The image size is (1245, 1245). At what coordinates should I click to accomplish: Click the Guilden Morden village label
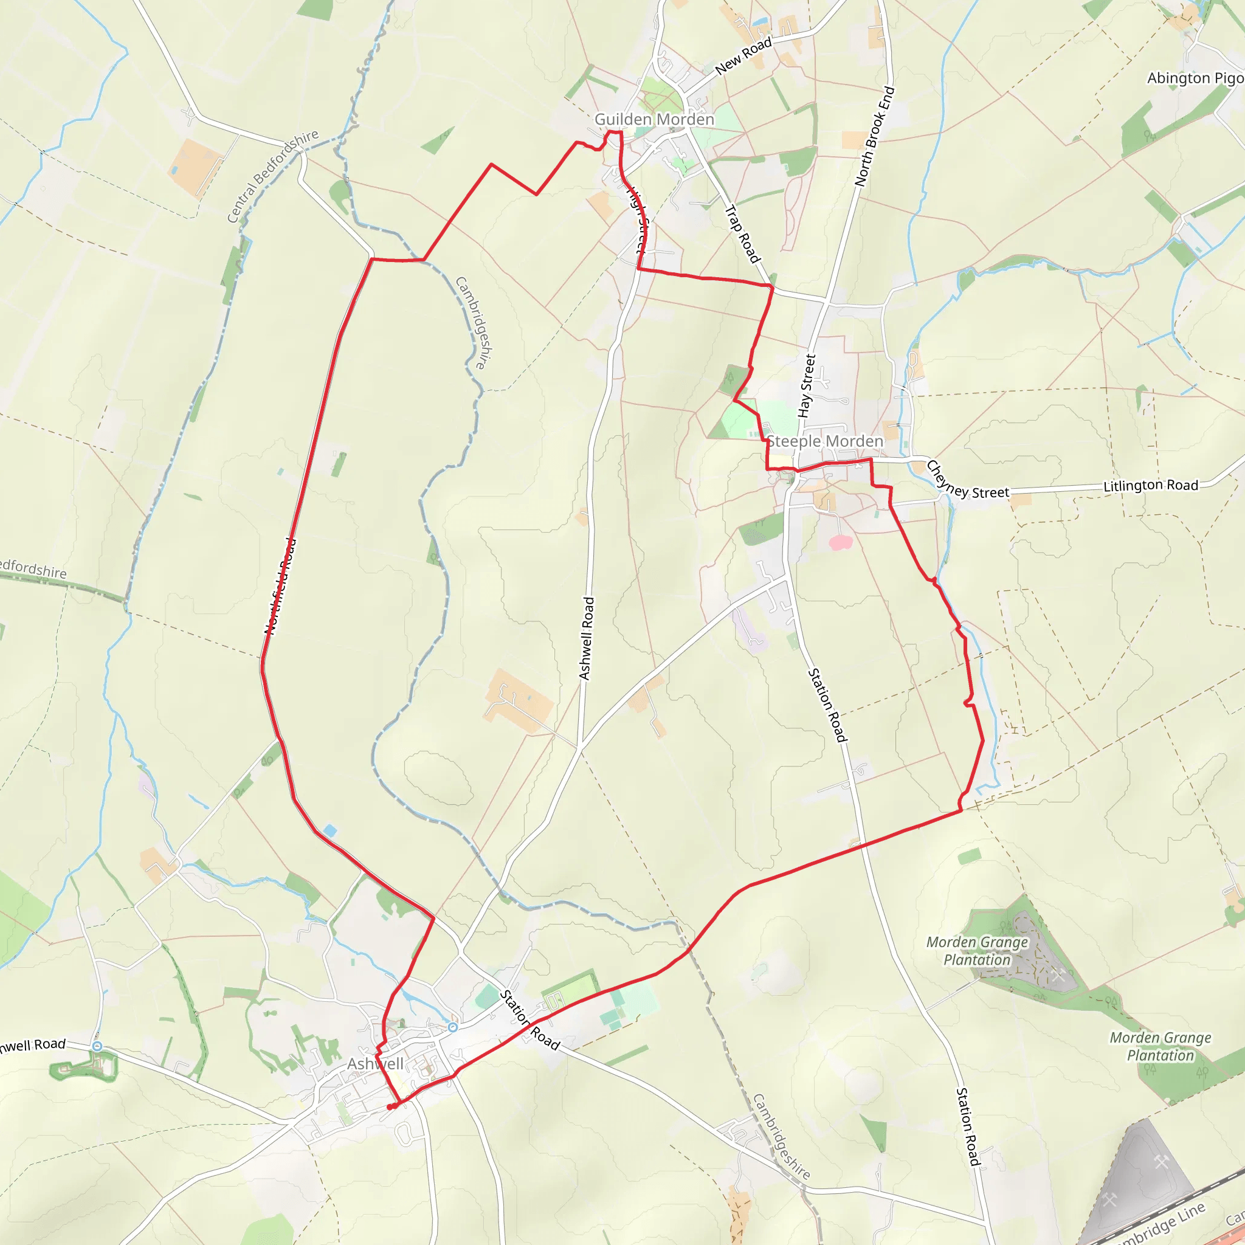click(x=654, y=119)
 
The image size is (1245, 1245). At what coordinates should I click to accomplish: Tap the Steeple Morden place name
click(x=824, y=441)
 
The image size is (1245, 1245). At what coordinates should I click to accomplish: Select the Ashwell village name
click(x=375, y=1063)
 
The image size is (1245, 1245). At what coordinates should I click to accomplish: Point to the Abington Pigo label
click(x=1195, y=78)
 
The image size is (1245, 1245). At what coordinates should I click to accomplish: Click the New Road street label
click(x=743, y=55)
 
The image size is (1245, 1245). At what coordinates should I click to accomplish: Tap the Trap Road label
click(x=742, y=234)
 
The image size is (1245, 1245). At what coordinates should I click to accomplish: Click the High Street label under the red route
click(x=638, y=219)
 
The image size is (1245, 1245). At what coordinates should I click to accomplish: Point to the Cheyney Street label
click(x=967, y=480)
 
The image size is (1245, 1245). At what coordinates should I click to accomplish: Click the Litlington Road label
click(x=1150, y=485)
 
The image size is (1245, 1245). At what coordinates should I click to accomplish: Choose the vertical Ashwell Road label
click(x=587, y=638)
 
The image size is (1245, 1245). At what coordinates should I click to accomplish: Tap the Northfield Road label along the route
click(x=281, y=587)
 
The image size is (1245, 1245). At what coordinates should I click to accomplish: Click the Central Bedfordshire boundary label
click(x=272, y=175)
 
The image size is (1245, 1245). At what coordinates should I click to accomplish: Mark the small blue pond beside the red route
click(x=330, y=830)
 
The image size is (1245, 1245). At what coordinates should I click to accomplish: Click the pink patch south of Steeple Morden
click(x=840, y=543)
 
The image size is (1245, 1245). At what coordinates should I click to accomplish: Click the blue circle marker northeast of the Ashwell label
click(x=453, y=1027)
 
